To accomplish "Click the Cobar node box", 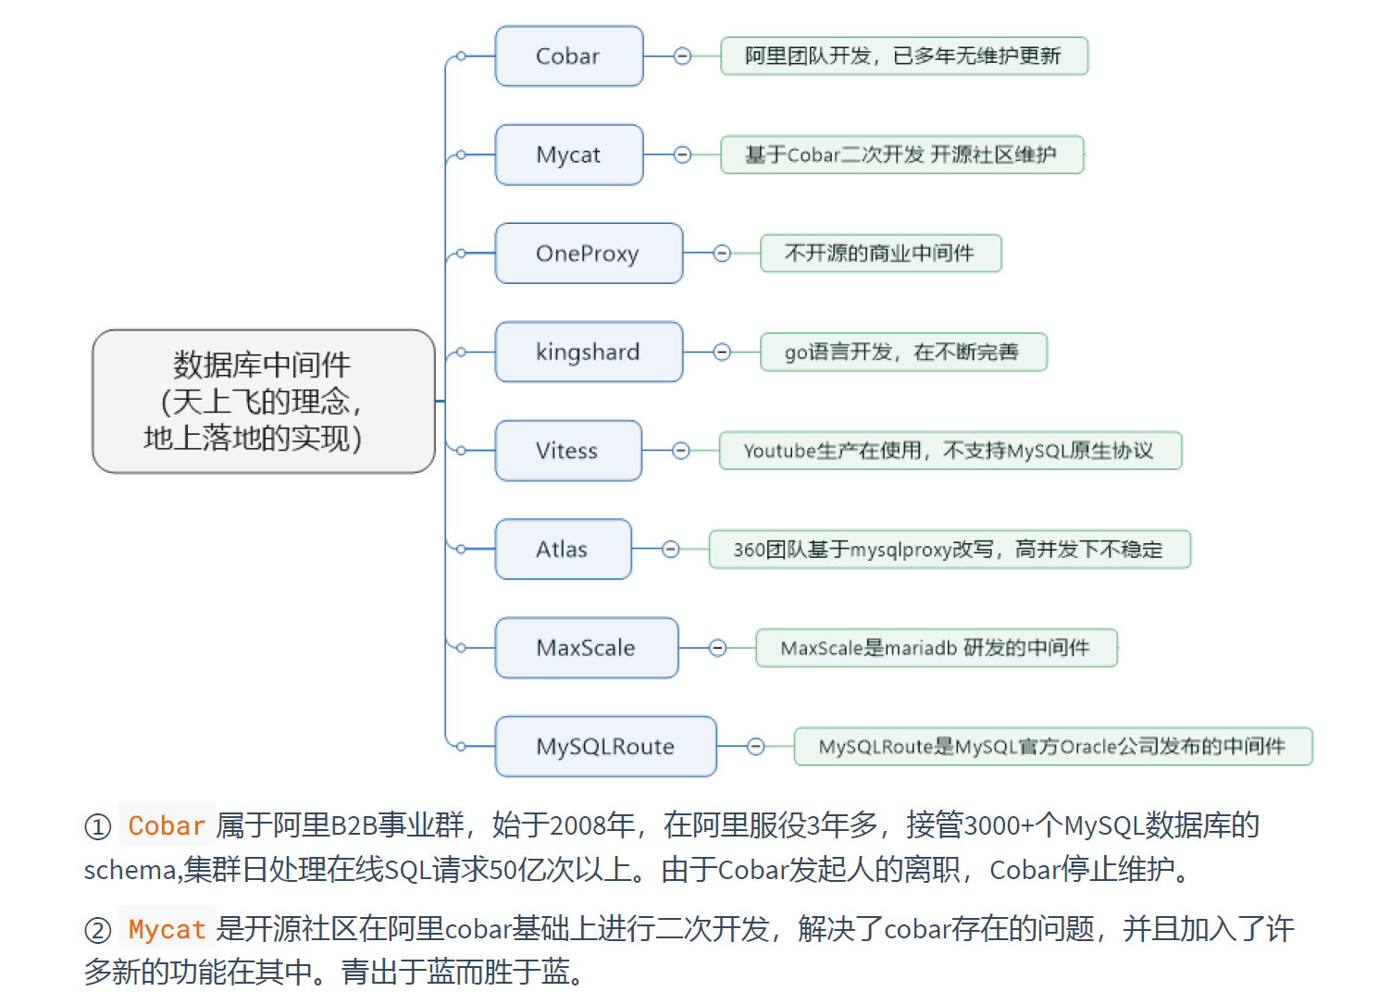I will (x=568, y=56).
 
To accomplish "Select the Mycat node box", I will (x=568, y=155).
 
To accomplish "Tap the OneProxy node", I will (x=588, y=254).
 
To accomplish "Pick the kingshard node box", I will (x=588, y=352).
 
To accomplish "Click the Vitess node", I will (x=567, y=451).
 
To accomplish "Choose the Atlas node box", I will (x=562, y=550).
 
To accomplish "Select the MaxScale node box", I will (x=586, y=648).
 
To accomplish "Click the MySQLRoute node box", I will (x=605, y=747).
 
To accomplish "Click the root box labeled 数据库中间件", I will (x=263, y=401).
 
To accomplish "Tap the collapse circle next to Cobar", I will (x=682, y=56).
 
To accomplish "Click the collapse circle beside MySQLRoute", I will (x=755, y=747).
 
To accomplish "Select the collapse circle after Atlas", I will (x=671, y=550).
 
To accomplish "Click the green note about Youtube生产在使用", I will (x=950, y=451).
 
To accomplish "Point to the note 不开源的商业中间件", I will (x=880, y=254).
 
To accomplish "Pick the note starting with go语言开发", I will (x=902, y=352).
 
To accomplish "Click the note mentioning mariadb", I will (x=936, y=648).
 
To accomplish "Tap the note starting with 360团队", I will (x=949, y=550).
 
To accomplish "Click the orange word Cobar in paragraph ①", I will (x=167, y=825).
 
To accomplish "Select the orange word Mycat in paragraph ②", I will (x=167, y=928).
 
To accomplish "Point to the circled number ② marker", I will (x=98, y=930).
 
